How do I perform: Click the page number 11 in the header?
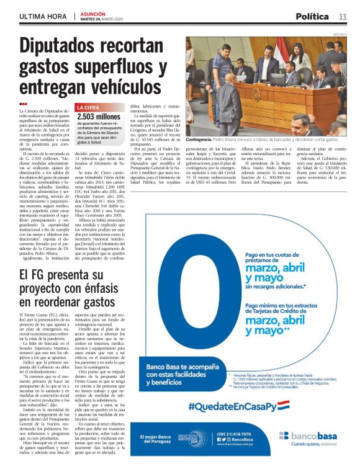(342, 16)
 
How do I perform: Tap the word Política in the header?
(313, 16)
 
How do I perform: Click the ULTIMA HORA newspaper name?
(43, 17)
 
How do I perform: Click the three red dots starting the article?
(24, 104)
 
